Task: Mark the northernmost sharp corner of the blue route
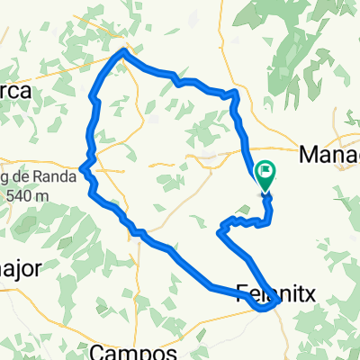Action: click(x=123, y=51)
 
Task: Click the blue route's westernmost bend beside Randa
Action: click(x=82, y=167)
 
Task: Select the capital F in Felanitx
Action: click(x=242, y=292)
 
